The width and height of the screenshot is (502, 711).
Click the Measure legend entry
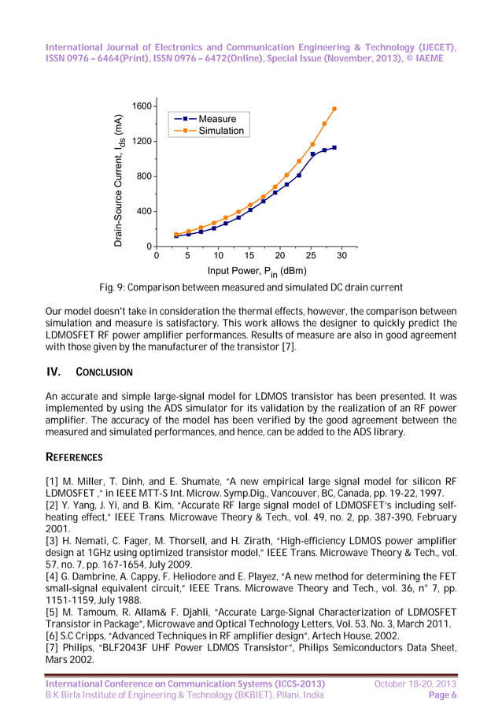pyautogui.click(x=216, y=119)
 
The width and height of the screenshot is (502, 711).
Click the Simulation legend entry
pyautogui.click(x=220, y=131)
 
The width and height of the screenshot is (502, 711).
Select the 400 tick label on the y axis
pyautogui.click(x=145, y=211)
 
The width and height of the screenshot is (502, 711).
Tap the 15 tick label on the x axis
pyautogui.click(x=249, y=256)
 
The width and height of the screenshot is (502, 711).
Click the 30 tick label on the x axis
pyautogui.click(x=341, y=256)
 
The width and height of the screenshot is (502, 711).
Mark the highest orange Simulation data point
pyautogui.click(x=334, y=109)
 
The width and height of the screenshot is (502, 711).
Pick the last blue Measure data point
pyautogui.click(x=334, y=147)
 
